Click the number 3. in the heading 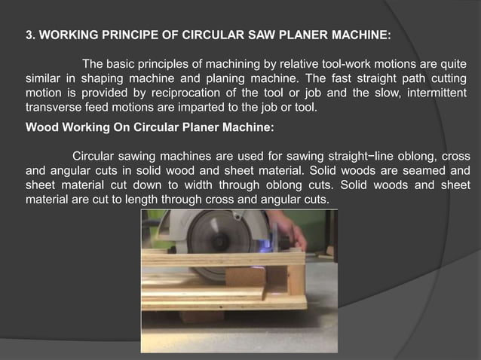[32, 35]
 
